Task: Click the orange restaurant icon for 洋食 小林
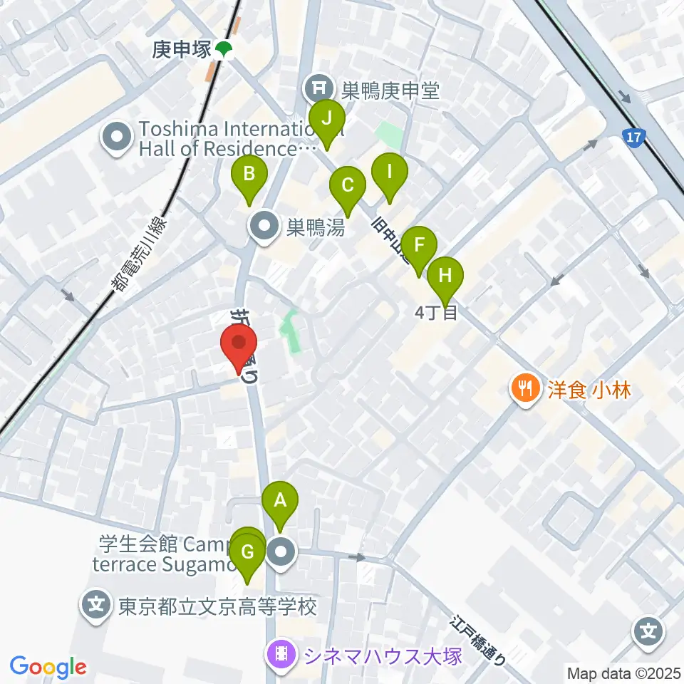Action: [526, 388]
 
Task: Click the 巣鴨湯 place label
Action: [316, 228]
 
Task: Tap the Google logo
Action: [48, 667]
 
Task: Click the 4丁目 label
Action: [436, 312]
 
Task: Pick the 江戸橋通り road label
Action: [479, 639]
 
